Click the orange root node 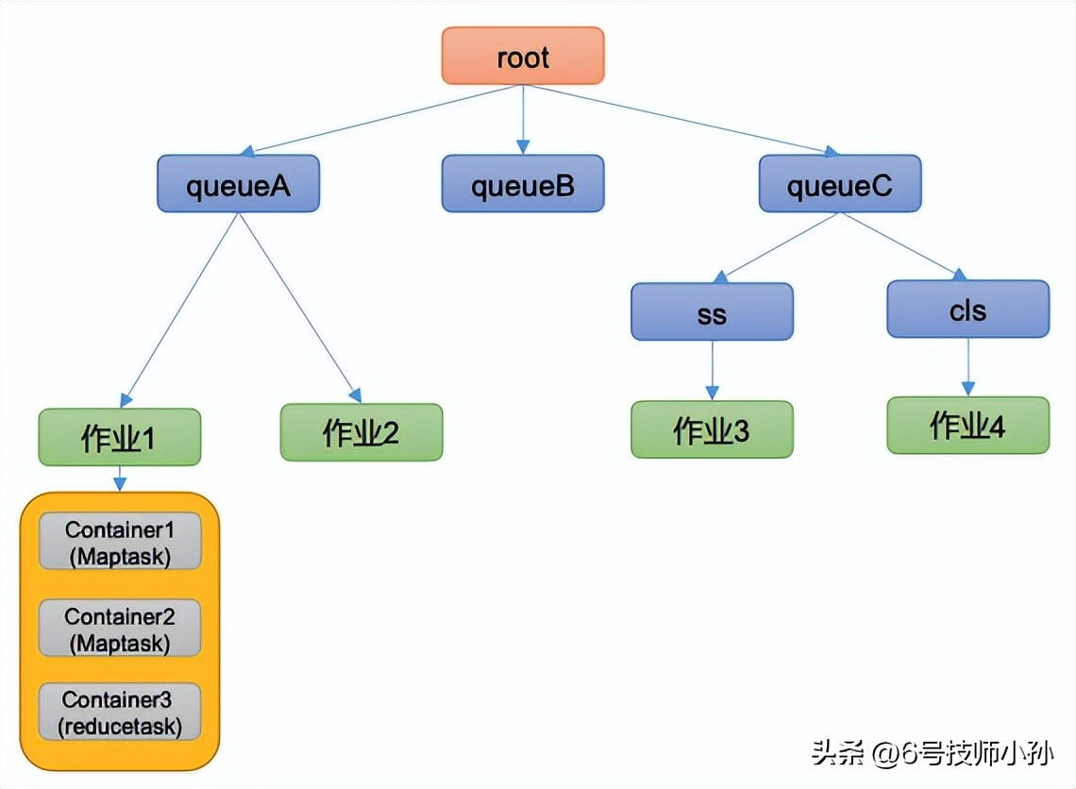pos(522,56)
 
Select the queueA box pos(238,183)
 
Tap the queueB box pos(522,183)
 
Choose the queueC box pos(839,183)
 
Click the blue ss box pos(712,311)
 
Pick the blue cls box pos(967,309)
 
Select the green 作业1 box pos(119,437)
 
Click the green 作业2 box pos(361,432)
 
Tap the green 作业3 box pos(712,429)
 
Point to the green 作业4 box pos(967,425)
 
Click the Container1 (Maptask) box pos(120,542)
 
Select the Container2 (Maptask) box pos(120,628)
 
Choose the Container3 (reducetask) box pos(120,712)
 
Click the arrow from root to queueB pos(522,119)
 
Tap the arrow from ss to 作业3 pos(712,370)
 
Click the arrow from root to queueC pos(680,119)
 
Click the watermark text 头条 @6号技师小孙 pos(932,753)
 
